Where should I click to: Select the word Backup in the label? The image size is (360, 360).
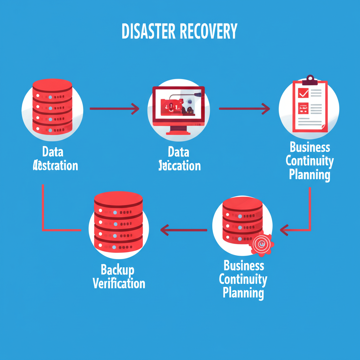[117, 270]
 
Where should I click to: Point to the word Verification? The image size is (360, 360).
[119, 283]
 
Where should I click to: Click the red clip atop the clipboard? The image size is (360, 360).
[310, 79]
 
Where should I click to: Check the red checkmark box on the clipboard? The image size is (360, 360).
[303, 93]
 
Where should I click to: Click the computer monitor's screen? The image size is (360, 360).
[178, 105]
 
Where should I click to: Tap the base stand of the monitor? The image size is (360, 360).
[178, 133]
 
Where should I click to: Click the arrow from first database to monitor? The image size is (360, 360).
[114, 109]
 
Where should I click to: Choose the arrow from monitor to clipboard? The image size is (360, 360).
[244, 109]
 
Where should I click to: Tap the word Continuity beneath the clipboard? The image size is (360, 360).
[309, 161]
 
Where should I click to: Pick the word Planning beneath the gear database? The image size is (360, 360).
[243, 292]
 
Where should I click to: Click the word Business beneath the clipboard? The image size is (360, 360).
[310, 147]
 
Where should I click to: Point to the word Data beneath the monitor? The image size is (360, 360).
[178, 152]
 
